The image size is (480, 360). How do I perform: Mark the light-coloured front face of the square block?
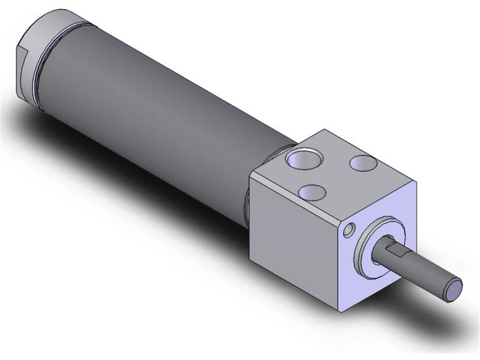pos(384,264)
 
